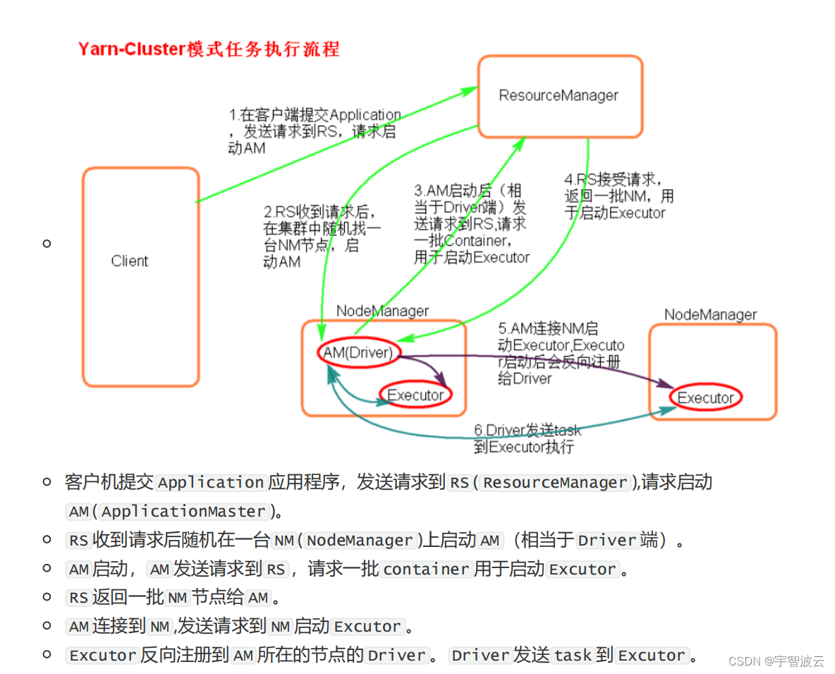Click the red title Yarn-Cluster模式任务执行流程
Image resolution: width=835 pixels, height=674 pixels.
[x=209, y=49]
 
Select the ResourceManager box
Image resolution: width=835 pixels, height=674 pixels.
[x=560, y=96]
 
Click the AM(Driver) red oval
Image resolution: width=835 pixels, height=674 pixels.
[x=358, y=351]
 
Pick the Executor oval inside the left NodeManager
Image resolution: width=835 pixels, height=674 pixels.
[x=415, y=395]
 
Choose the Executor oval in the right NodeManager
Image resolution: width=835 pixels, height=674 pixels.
[x=705, y=398]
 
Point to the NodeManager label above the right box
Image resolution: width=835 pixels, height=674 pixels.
[x=710, y=315]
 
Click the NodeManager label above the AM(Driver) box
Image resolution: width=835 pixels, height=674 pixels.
[x=382, y=311]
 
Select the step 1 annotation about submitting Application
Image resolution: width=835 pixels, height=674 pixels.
[x=314, y=131]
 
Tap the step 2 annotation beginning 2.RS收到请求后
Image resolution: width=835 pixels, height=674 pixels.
[x=322, y=236]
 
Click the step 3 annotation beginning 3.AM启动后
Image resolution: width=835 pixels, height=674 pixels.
[x=471, y=224]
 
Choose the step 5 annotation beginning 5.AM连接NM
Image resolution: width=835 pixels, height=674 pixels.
[x=561, y=354]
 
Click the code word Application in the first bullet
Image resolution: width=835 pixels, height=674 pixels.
[x=210, y=483]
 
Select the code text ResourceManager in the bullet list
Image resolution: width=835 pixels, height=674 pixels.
[x=554, y=483]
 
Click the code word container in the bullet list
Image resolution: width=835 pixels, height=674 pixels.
[x=426, y=570]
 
